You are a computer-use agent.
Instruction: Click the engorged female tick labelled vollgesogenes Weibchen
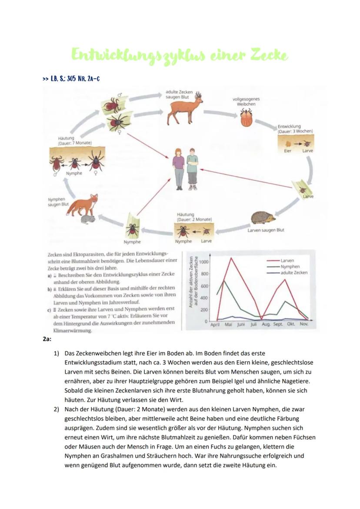click(247, 117)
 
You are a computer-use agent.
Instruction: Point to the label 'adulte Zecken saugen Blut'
click(179, 94)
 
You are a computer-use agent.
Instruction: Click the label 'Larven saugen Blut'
click(266, 230)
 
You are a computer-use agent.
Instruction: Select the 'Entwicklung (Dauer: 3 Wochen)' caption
click(295, 129)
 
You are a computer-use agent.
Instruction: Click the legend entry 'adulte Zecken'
click(294, 273)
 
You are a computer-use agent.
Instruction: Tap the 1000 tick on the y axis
click(204, 262)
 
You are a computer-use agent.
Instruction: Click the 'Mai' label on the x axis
click(228, 324)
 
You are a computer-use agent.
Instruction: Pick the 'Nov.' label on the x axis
click(303, 324)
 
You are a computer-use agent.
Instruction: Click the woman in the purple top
click(178, 167)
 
